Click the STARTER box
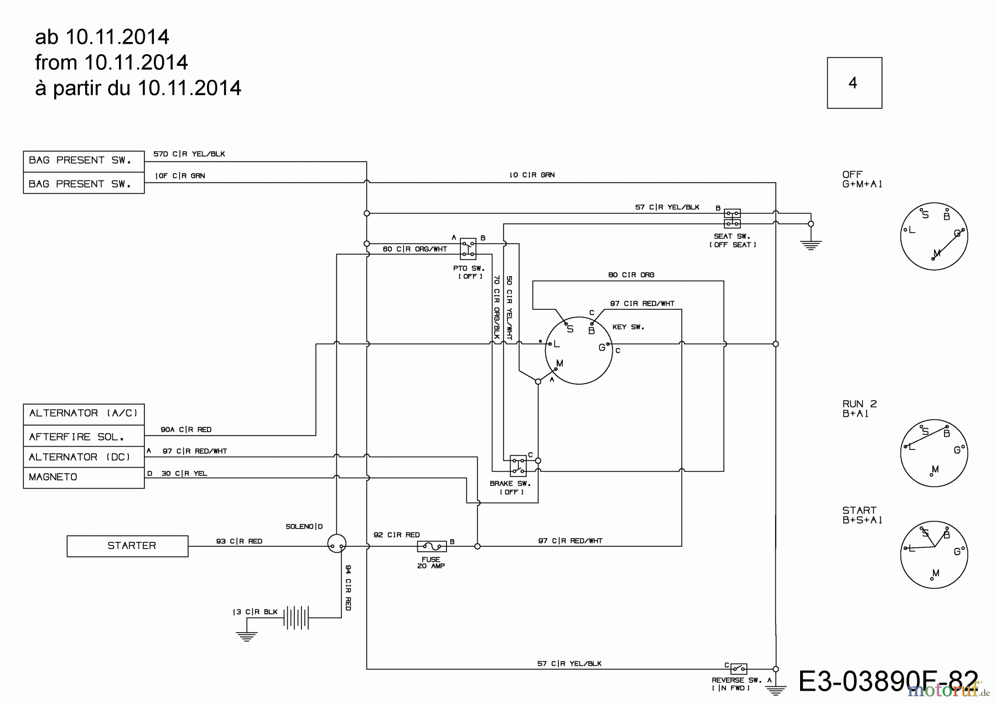[127, 546]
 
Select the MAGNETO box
[84, 477]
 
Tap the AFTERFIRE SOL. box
[84, 437]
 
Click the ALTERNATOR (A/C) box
[84, 414]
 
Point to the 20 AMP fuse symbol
[432, 546]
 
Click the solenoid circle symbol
[336, 543]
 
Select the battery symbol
[296, 617]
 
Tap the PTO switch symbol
[468, 249]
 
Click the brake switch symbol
[518, 465]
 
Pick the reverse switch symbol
[739, 669]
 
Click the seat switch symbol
[733, 219]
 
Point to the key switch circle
[579, 350]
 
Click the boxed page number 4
[854, 83]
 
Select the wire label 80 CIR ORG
[631, 275]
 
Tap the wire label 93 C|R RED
[239, 541]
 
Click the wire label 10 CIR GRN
[532, 175]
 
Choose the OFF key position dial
[934, 236]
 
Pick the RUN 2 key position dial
[934, 453]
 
